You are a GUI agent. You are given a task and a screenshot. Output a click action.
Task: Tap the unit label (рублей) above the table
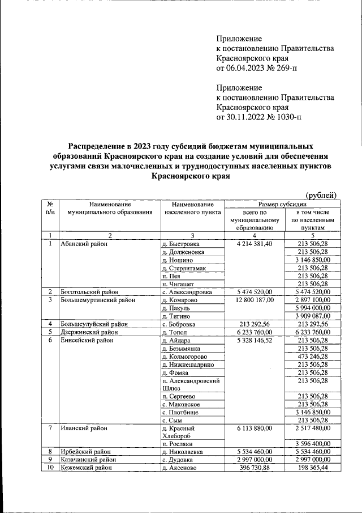(x=321, y=195)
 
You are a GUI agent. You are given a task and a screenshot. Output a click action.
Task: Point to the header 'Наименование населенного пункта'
(x=192, y=207)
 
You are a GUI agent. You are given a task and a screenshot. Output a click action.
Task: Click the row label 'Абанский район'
(x=84, y=244)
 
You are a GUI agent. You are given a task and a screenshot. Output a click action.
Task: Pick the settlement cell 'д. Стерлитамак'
(x=185, y=268)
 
